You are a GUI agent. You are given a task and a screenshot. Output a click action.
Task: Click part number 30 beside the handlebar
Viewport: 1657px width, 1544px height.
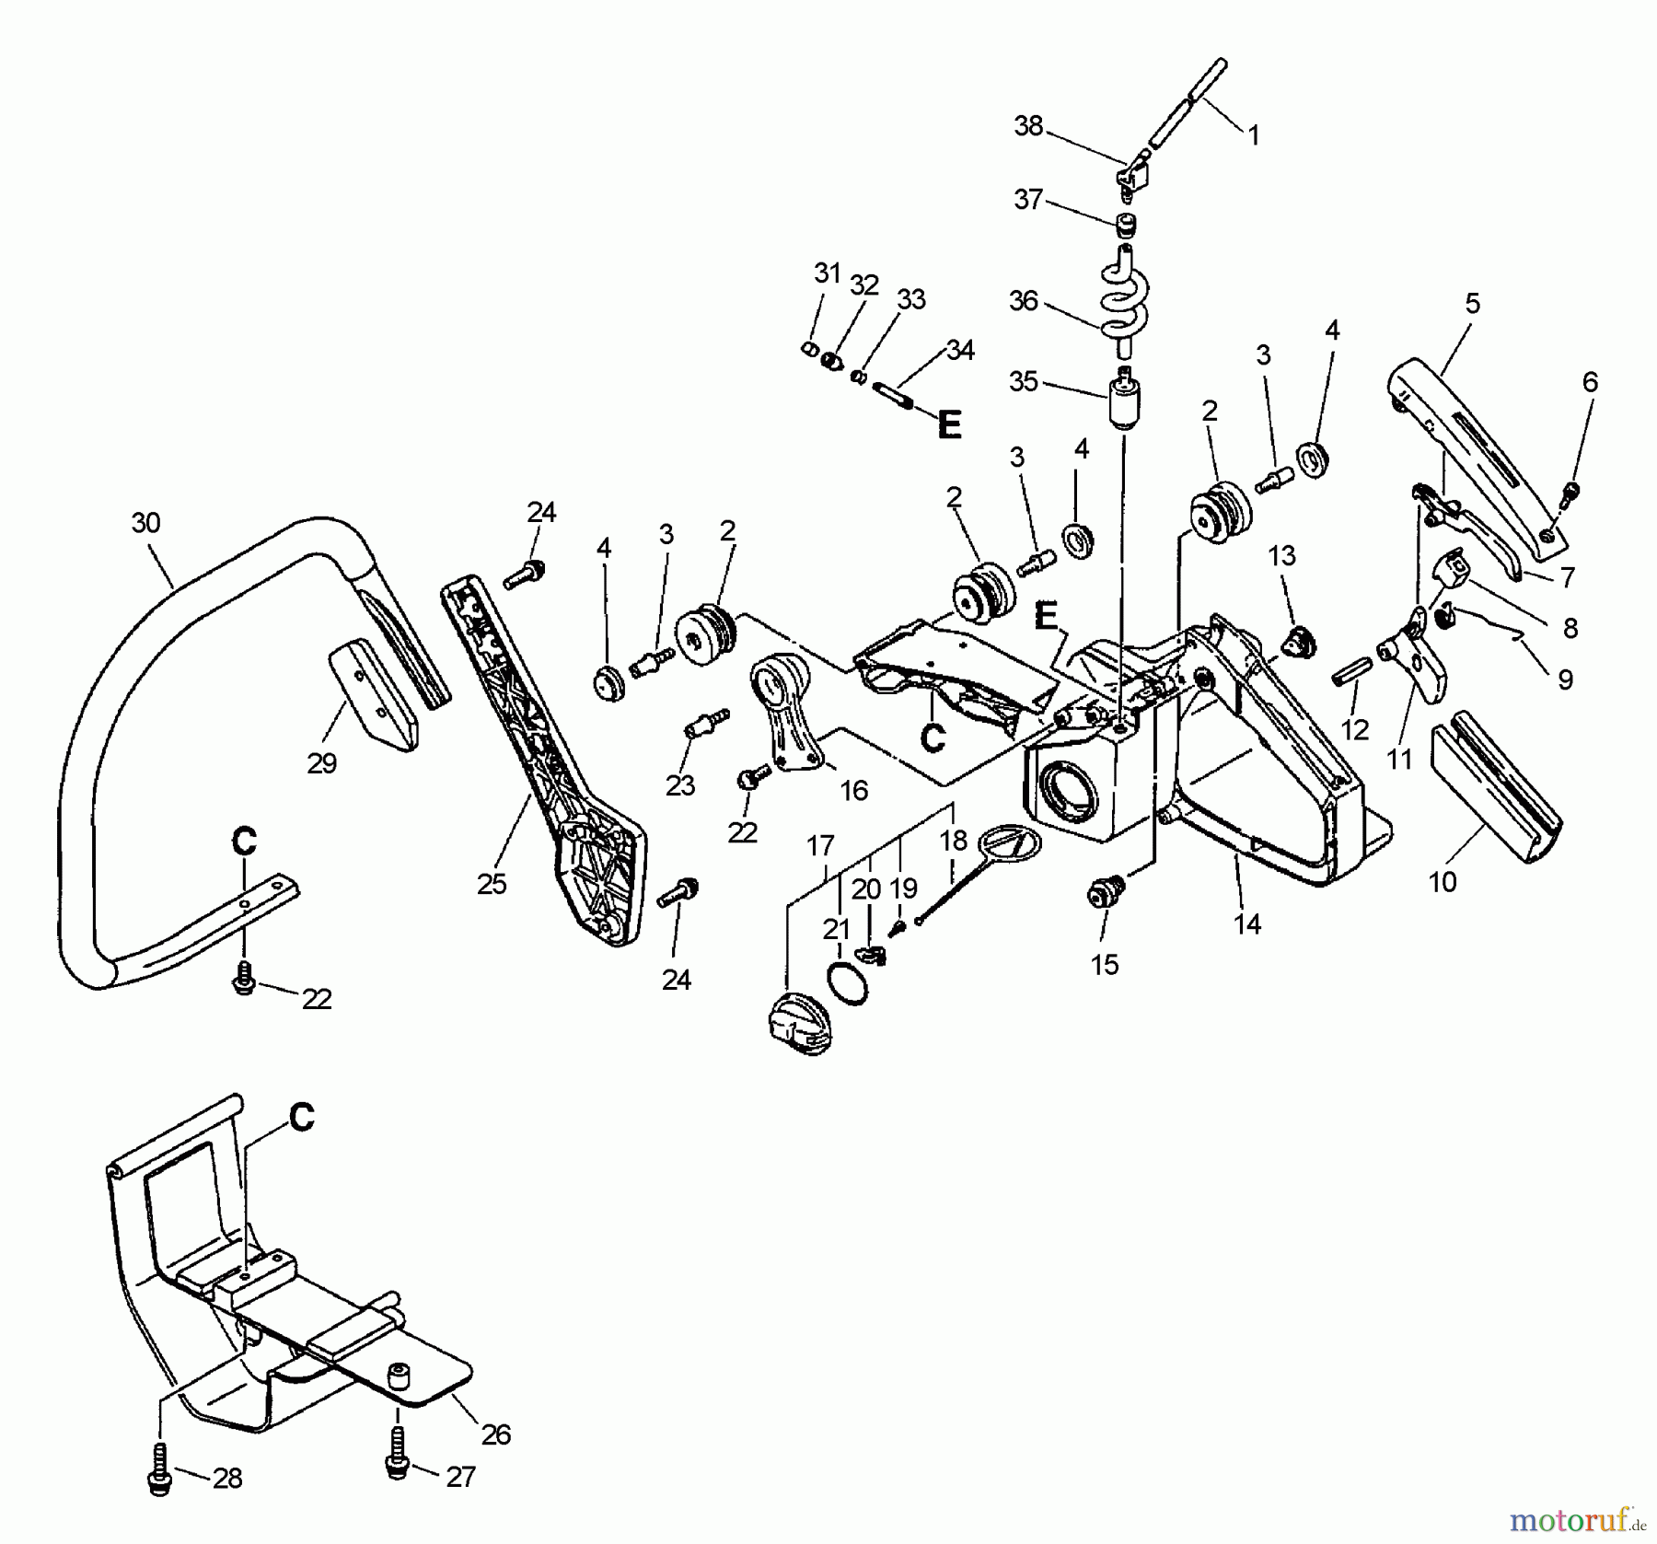[x=145, y=523]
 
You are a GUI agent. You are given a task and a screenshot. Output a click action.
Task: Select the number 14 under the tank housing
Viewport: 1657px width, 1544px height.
[x=1246, y=923]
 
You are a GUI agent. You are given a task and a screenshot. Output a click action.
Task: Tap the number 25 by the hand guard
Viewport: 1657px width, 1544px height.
[x=492, y=884]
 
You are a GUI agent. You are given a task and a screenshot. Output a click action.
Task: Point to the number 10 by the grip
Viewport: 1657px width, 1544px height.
[x=1442, y=881]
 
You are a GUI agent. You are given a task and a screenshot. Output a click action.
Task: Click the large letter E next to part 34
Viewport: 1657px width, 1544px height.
[x=949, y=424]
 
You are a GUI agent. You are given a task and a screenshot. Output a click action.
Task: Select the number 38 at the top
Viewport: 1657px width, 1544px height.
[x=1028, y=126]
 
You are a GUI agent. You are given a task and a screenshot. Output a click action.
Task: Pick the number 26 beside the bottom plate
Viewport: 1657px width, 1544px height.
[x=495, y=1434]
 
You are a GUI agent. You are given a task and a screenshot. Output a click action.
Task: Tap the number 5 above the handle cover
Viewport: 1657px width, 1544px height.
[x=1472, y=303]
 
